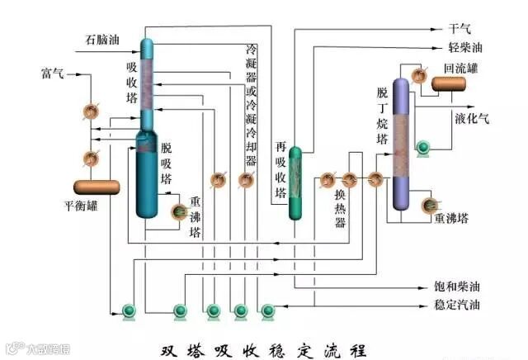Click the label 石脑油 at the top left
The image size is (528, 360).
pyautogui.click(x=103, y=40)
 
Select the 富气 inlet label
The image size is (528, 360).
pyautogui.click(x=51, y=74)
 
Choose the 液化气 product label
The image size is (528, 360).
pyautogui.click(x=472, y=118)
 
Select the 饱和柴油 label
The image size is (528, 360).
pyautogui.click(x=457, y=287)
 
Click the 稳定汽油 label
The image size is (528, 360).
pyautogui.click(x=457, y=305)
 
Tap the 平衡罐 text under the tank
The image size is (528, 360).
pyautogui.click(x=82, y=206)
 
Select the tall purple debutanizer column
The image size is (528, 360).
pyautogui.click(x=401, y=144)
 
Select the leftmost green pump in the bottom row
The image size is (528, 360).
pyautogui.click(x=128, y=311)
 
